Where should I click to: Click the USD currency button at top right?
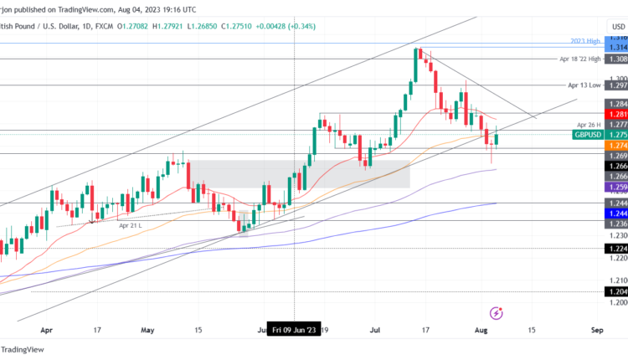(x=618, y=27)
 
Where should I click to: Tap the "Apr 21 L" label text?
(x=131, y=224)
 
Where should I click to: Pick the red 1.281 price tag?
(x=618, y=114)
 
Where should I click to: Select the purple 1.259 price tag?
(x=618, y=188)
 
